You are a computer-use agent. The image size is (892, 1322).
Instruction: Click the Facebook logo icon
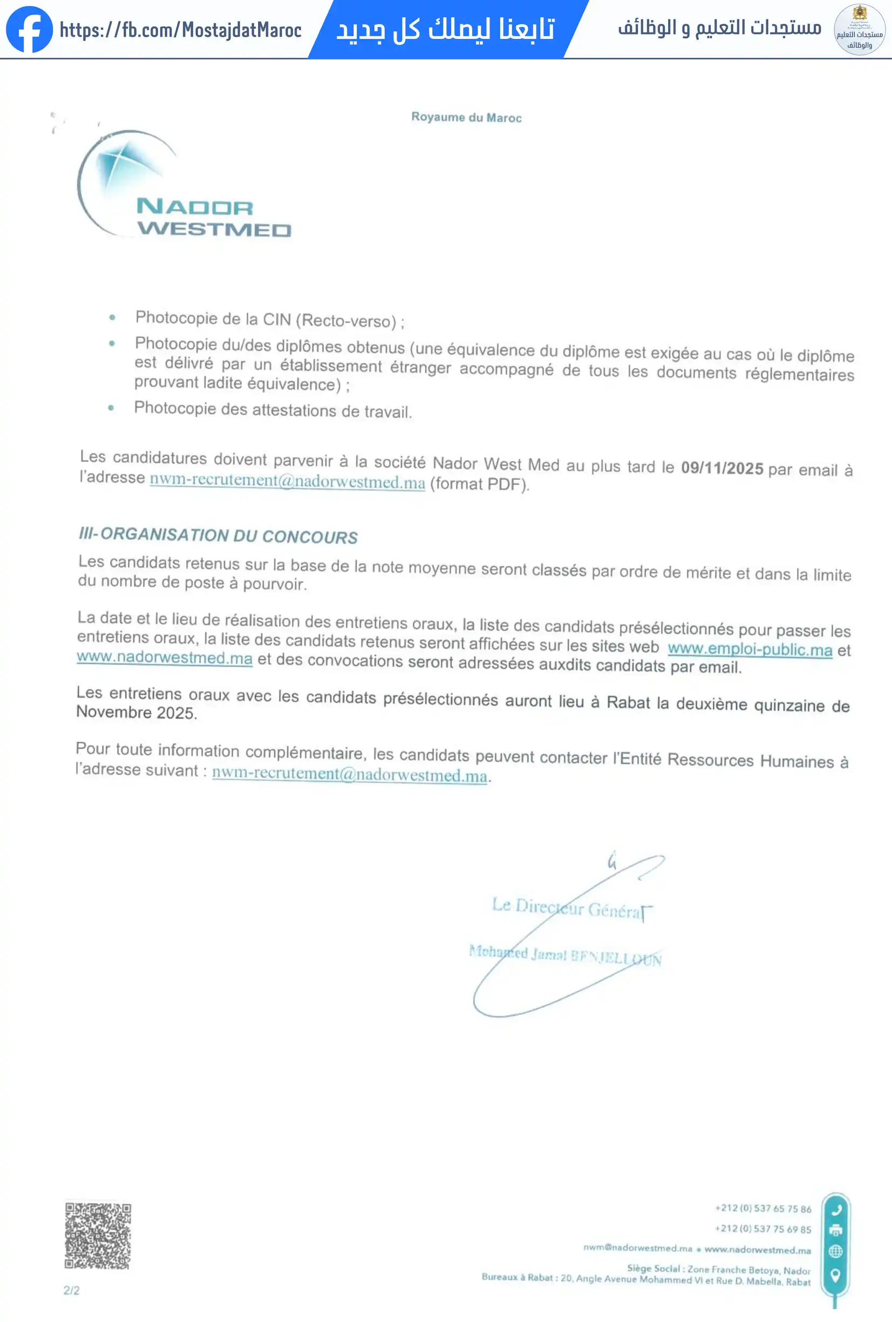point(29,29)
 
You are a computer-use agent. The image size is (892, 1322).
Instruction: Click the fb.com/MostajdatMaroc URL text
point(180,30)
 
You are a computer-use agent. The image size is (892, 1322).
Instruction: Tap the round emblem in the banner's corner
point(859,29)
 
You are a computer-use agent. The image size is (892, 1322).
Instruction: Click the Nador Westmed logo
point(182,185)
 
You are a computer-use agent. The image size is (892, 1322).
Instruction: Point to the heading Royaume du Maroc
point(466,117)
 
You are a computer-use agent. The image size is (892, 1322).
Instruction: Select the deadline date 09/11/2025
point(721,468)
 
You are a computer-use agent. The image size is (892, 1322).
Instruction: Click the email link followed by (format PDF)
point(287,482)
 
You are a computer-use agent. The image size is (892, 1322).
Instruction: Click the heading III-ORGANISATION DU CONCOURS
point(218,535)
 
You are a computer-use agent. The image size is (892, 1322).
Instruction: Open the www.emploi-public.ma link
point(750,649)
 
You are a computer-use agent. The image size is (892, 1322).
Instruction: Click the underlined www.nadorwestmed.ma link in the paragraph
point(164,657)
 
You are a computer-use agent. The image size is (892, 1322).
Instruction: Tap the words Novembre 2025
point(136,712)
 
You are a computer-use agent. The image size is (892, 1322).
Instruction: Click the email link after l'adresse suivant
point(349,774)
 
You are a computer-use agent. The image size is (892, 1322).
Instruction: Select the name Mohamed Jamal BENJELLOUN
point(564,955)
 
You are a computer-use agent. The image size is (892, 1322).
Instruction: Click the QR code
point(98,1235)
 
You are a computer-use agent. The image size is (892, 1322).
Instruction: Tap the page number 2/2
point(72,1290)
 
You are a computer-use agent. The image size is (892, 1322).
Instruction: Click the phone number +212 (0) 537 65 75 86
point(762,1208)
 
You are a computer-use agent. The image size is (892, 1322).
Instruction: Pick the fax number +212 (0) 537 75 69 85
point(762,1228)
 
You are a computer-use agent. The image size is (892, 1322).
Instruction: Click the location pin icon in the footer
point(835,1274)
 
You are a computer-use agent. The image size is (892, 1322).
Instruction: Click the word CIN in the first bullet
point(277,319)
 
